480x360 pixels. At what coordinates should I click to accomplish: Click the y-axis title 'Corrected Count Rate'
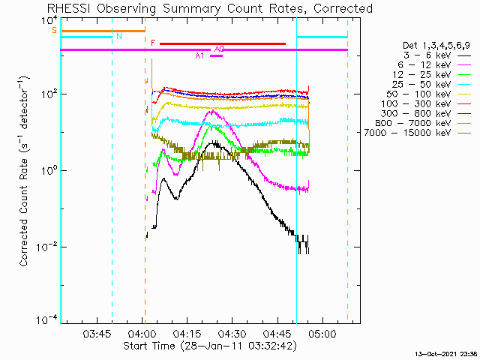25,172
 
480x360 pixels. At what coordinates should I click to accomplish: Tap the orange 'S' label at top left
54,31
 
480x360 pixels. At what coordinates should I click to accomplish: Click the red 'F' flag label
153,43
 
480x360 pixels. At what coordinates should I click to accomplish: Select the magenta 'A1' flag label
199,55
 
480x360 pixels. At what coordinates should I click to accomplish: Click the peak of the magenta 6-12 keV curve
212,111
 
